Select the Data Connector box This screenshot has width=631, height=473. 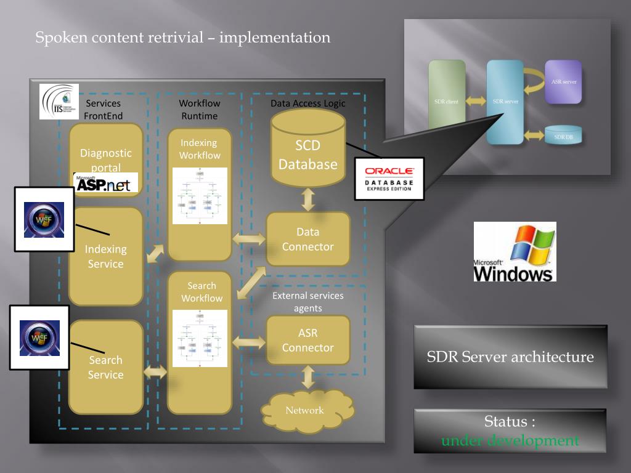tap(308, 240)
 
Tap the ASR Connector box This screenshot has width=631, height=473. tap(308, 341)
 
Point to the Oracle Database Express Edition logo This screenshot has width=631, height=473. tap(389, 179)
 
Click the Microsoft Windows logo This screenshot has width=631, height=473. tap(515, 252)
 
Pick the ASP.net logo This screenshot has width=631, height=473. tap(105, 183)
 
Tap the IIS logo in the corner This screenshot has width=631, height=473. tap(59, 102)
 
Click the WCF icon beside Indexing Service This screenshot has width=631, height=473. tap(44, 220)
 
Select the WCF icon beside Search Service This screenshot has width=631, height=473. tap(39, 338)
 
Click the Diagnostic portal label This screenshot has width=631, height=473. tap(106, 160)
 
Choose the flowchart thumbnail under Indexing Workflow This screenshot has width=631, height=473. tap(200, 196)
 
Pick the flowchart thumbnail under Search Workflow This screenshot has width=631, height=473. tap(200, 338)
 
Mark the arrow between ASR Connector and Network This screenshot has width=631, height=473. tap(308, 376)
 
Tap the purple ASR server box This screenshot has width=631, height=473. tap(563, 82)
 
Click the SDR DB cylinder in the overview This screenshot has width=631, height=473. tap(563, 135)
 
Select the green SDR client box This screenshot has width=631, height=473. tap(447, 99)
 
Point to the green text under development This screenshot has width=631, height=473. tap(510, 441)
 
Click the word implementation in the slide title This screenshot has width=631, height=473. tap(275, 38)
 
